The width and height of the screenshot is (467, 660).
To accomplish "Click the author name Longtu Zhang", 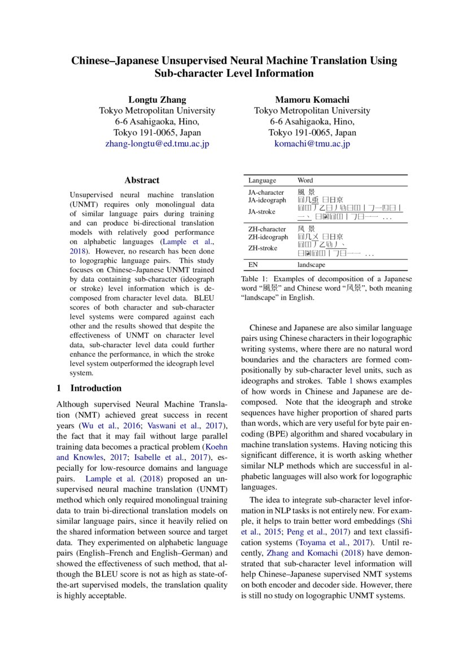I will point(157,99).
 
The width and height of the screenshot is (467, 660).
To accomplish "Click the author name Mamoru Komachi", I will point(312,99).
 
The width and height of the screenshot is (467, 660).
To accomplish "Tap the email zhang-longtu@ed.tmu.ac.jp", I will point(157,143).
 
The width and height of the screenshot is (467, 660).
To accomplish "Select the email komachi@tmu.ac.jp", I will point(312,143).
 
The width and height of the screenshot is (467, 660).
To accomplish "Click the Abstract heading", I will point(142,180).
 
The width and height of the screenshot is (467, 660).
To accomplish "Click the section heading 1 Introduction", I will point(89,388).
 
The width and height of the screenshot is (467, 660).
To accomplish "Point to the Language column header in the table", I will point(262,180).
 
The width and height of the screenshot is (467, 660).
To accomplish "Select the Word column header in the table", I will point(305,180).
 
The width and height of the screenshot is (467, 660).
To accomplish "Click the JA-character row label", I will point(266,193).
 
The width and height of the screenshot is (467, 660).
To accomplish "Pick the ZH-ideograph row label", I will point(268,237).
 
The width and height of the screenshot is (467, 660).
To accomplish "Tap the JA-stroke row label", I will point(261,211).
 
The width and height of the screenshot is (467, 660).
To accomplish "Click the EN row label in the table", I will point(253,264).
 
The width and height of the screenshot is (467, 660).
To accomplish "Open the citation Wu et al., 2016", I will point(104,425).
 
